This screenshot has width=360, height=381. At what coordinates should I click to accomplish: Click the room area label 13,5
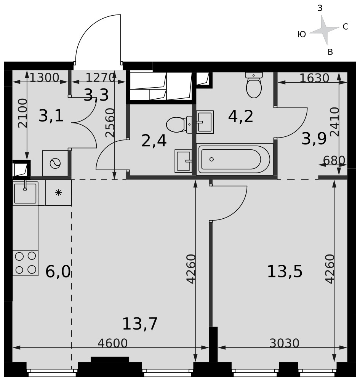pos(285,271)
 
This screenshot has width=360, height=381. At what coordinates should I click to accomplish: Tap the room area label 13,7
pos(140,323)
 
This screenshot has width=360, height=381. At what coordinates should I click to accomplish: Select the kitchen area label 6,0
pos(58,272)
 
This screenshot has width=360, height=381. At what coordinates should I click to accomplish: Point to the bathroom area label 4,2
pos(240,116)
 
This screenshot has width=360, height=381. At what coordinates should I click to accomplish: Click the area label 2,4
pos(154,141)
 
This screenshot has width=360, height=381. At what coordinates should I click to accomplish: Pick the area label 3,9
pos(314,139)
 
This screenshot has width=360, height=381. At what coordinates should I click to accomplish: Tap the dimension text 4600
pos(112,343)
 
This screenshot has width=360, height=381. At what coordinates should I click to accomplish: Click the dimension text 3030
pos(284,343)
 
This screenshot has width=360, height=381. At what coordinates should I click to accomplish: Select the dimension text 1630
pos(314,78)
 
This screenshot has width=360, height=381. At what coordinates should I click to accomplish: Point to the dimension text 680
pos(334,160)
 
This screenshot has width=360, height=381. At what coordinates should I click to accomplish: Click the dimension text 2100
pos(22,113)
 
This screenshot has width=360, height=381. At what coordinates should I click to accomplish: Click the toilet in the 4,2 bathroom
pos(254,85)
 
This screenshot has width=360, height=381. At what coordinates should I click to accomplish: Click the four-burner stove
pos(25,263)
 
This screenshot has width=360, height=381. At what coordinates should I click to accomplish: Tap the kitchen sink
pos(25,192)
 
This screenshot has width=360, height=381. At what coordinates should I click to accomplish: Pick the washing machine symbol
pos(55,163)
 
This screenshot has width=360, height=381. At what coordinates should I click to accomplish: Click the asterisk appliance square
pos(59,193)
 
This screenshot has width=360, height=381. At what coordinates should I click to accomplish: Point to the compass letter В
pos(330,52)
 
